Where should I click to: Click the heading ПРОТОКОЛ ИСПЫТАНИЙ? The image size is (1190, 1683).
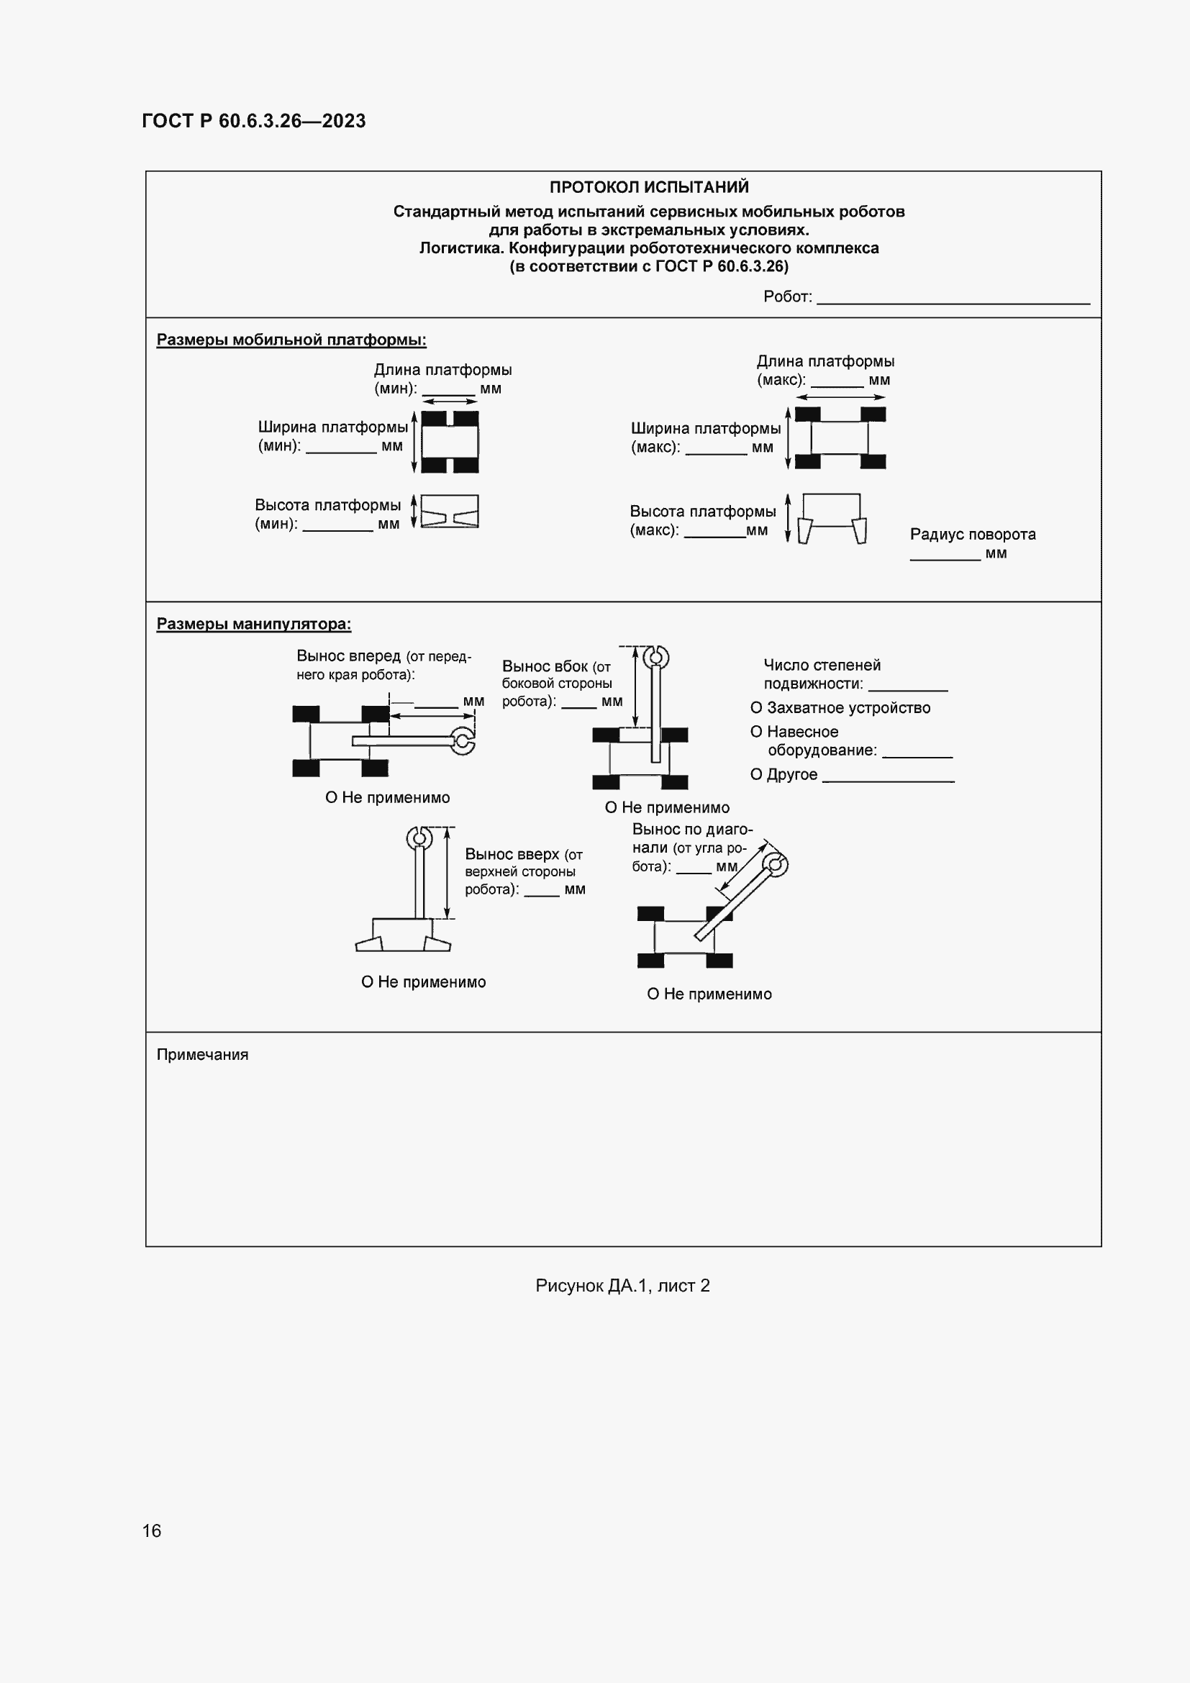[648, 187]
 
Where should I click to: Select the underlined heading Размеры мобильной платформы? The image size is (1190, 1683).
[291, 340]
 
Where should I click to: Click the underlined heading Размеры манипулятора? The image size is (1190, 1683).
[253, 625]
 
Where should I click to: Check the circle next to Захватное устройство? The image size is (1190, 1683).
[756, 708]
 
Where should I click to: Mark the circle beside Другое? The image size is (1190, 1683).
[756, 775]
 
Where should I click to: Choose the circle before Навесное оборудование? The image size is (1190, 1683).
[756, 732]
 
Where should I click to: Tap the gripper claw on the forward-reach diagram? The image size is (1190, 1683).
[463, 741]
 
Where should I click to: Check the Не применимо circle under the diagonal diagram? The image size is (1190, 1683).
[653, 994]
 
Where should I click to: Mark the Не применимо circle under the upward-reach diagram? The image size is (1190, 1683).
[367, 982]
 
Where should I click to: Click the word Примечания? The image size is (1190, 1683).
[202, 1055]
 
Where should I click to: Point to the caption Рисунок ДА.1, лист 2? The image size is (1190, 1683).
[622, 1286]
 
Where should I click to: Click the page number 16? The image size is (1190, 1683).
[152, 1530]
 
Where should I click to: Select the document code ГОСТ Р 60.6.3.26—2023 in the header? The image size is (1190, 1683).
[253, 121]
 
